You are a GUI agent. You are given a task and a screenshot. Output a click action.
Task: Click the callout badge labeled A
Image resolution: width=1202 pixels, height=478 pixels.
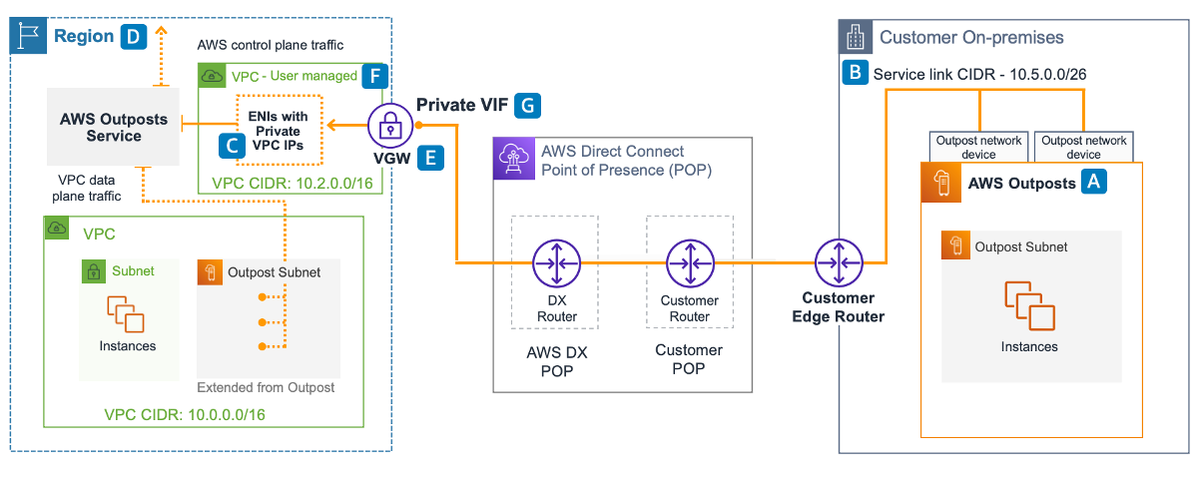click(x=1095, y=182)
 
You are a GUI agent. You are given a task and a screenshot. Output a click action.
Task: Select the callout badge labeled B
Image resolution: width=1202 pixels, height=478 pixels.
click(x=855, y=73)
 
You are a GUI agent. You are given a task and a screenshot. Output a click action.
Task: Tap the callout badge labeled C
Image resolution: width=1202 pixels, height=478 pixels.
click(x=231, y=146)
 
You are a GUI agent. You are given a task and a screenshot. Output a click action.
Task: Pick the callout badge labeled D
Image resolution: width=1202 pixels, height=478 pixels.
click(x=133, y=37)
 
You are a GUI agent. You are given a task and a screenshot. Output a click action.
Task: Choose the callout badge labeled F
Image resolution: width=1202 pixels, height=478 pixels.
click(x=374, y=75)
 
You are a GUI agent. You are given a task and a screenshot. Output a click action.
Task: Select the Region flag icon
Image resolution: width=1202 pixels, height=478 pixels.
click(x=28, y=37)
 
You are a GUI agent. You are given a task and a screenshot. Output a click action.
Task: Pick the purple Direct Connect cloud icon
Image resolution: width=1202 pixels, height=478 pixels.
click(x=510, y=158)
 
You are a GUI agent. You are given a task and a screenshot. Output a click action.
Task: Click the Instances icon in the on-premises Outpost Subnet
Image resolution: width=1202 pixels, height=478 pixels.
click(x=1029, y=304)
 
